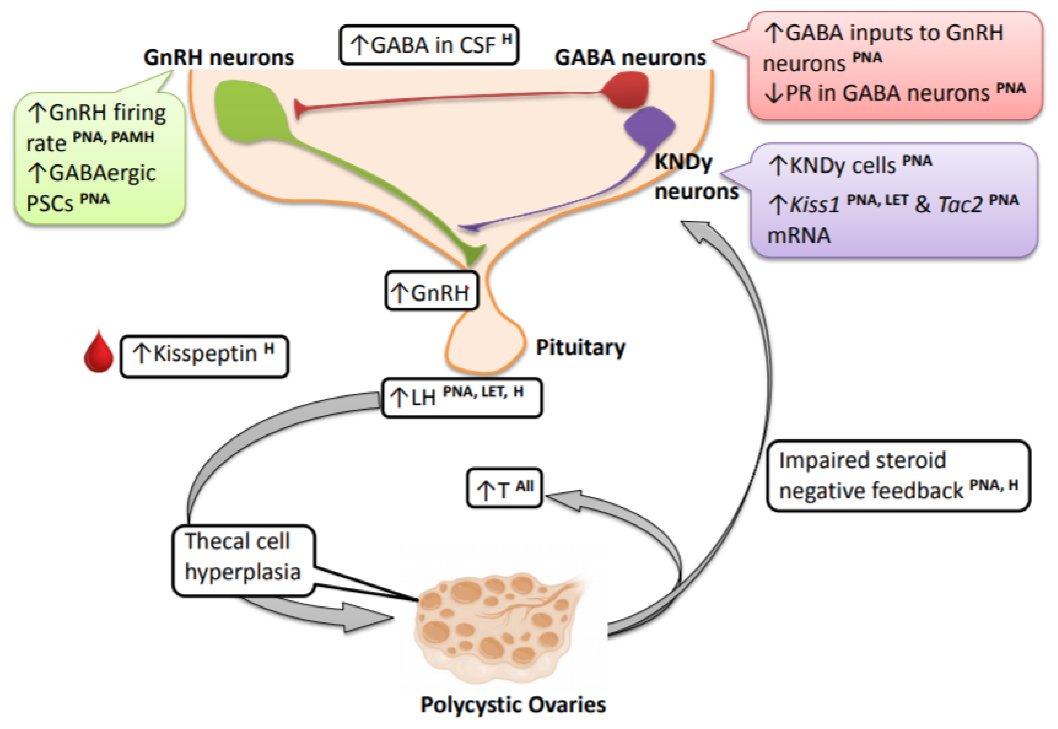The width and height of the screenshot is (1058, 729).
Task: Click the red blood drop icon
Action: pyautogui.click(x=98, y=353)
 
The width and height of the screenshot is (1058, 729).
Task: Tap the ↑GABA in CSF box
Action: pyautogui.click(x=428, y=45)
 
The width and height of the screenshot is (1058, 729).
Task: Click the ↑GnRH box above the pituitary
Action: pyautogui.click(x=432, y=291)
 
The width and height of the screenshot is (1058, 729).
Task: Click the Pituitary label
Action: pyautogui.click(x=580, y=348)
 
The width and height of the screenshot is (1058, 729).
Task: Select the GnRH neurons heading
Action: pyautogui.click(x=218, y=58)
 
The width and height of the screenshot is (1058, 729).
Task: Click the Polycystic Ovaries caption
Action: pyautogui.click(x=512, y=705)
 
